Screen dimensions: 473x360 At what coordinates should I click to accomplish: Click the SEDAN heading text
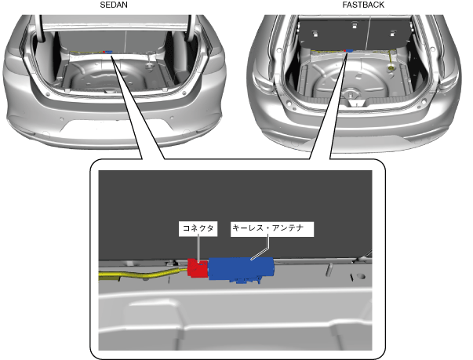tap(114, 5)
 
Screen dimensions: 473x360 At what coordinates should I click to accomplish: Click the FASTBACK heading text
tap(363, 5)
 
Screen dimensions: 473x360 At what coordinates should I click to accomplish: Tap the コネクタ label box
tap(198, 229)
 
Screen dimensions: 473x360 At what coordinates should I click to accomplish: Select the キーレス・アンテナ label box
tap(272, 229)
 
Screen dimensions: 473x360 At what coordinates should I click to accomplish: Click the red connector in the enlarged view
tap(198, 267)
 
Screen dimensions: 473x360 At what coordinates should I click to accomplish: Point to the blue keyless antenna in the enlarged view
tap(242, 268)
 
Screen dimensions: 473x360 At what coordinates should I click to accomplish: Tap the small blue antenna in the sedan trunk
tap(108, 53)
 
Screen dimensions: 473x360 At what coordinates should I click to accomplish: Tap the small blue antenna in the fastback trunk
tap(350, 51)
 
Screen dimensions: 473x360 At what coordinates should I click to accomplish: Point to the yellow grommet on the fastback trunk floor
tap(391, 69)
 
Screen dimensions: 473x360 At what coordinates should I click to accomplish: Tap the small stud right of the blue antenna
tap(330, 269)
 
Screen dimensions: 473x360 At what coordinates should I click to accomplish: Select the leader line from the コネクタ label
tap(198, 249)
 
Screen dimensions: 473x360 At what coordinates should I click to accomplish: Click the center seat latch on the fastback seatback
tap(355, 25)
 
